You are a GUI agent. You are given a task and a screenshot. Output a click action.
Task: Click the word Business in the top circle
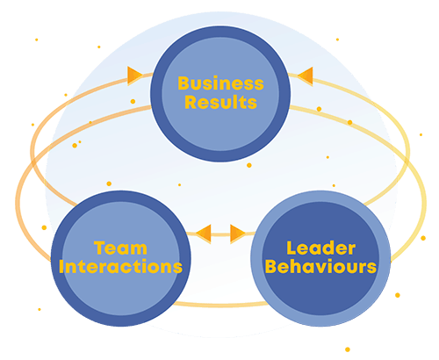click(x=220, y=83)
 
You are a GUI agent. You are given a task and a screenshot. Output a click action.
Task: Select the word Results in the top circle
click(x=220, y=103)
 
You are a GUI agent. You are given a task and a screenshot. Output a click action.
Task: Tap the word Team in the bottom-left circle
click(x=120, y=248)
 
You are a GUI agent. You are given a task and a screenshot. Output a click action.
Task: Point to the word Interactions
click(x=120, y=267)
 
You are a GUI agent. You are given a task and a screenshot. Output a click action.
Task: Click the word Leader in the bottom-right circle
click(x=321, y=248)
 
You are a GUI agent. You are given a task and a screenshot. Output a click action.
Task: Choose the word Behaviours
click(x=320, y=267)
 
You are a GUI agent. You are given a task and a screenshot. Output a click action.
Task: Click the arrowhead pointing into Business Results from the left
click(x=135, y=76)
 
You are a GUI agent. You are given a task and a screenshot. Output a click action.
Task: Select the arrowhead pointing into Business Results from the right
click(x=306, y=76)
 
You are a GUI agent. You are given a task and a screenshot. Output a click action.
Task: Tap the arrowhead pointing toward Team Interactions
click(x=204, y=234)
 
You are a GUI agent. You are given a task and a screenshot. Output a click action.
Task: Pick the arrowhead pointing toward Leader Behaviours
click(x=238, y=234)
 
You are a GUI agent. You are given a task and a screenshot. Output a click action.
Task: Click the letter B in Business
click(x=184, y=83)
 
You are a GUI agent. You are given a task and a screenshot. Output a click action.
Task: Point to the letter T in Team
click(x=99, y=248)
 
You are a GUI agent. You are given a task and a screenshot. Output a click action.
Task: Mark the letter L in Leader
click(x=291, y=248)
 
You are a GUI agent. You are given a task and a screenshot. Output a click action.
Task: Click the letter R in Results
click(x=191, y=103)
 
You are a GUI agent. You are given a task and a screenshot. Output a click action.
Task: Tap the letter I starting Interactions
click(x=61, y=267)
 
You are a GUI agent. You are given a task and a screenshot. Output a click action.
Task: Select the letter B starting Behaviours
click(x=271, y=267)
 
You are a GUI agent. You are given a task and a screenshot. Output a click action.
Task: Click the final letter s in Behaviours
click(x=371, y=269)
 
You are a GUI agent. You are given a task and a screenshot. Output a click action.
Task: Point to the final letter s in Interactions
click(x=177, y=269)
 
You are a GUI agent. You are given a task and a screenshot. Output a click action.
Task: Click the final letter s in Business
click(x=259, y=85)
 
